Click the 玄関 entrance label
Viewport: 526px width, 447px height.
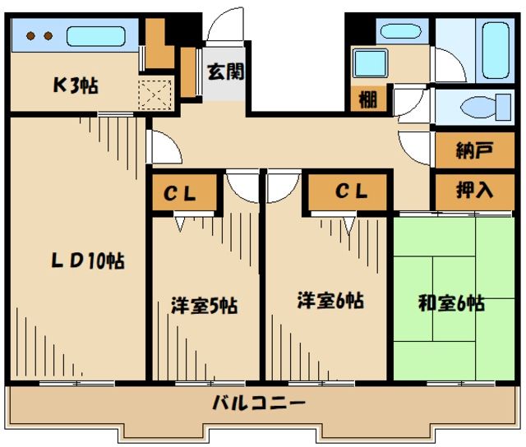(x=224, y=71)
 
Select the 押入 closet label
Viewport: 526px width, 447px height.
(x=474, y=191)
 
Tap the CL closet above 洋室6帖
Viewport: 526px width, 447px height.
(x=349, y=193)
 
